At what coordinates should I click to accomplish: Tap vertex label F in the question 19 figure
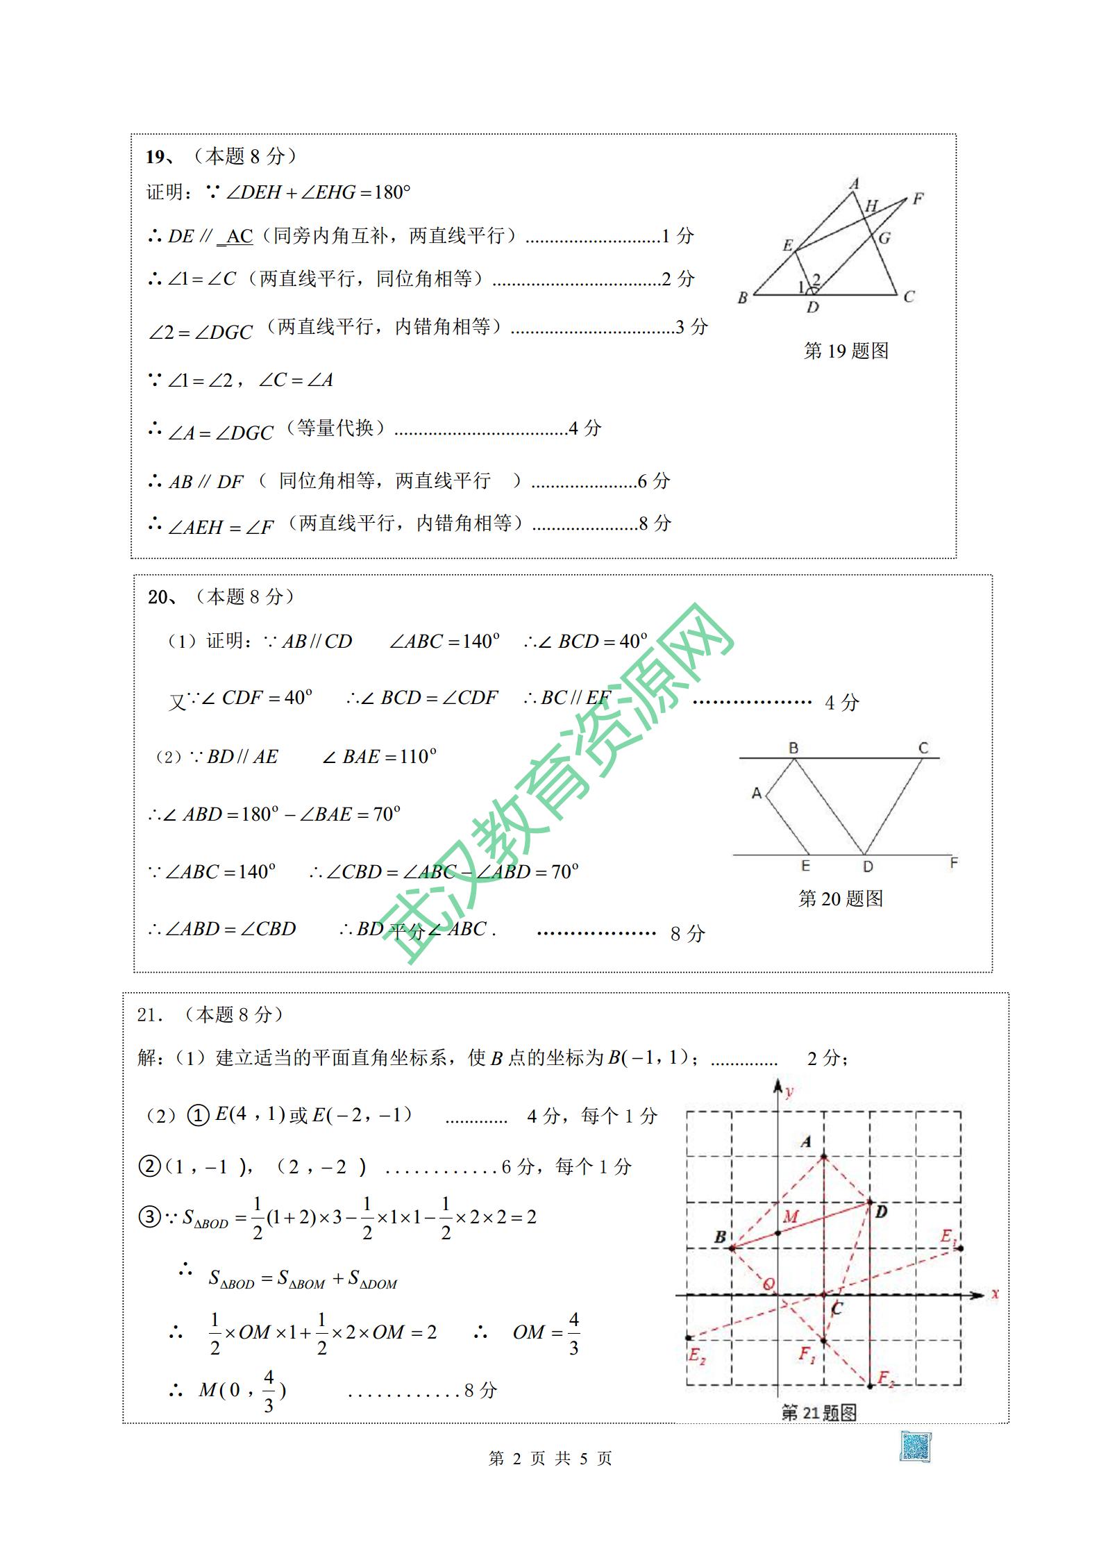pyautogui.click(x=918, y=199)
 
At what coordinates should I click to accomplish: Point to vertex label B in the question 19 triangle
pyautogui.click(x=743, y=298)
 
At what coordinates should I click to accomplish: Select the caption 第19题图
pyautogui.click(x=846, y=351)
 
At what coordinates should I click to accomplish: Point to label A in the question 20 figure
pyautogui.click(x=757, y=793)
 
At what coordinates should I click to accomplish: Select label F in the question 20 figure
pyautogui.click(x=954, y=863)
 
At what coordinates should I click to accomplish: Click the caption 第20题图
pyautogui.click(x=841, y=898)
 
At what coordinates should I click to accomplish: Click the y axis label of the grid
pyautogui.click(x=789, y=1092)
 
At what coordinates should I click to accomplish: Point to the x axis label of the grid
pyautogui.click(x=995, y=1293)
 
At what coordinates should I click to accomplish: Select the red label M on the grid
pyautogui.click(x=791, y=1216)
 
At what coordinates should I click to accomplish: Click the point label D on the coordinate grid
pyautogui.click(x=881, y=1212)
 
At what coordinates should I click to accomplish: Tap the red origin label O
pyautogui.click(x=768, y=1284)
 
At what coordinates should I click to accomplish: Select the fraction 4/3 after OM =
pyautogui.click(x=573, y=1332)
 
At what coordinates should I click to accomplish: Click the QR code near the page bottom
pyautogui.click(x=916, y=1446)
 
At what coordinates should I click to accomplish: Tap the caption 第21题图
pyautogui.click(x=819, y=1412)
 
